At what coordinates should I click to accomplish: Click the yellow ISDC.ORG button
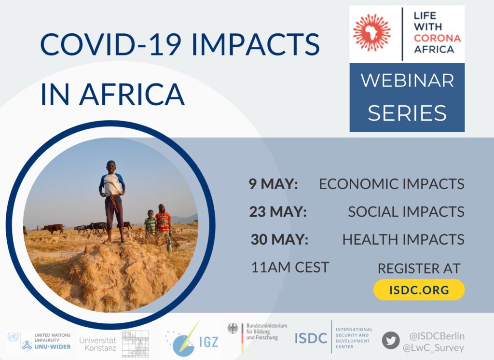pos(419,290)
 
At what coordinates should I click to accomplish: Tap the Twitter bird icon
pos(391,340)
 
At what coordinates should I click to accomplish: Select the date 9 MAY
pos(273,184)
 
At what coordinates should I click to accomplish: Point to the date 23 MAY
pos(277,211)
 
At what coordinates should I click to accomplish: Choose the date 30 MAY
pos(279,239)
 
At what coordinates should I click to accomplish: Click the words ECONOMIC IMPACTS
pos(392,184)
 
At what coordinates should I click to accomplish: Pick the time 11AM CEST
pos(290,267)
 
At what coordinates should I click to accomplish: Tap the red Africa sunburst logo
pos(372,32)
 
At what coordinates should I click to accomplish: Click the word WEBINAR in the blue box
pos(407,81)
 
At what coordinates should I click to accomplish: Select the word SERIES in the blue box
pos(407,113)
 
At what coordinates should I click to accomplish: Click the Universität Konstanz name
pos(97,344)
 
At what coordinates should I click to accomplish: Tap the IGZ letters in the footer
pos(209,342)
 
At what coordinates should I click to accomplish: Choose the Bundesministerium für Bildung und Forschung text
pos(266,332)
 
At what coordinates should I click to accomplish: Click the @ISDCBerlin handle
pos(437,336)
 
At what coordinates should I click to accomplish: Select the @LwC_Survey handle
pos(434,348)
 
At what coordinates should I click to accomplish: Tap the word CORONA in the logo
pos(437,38)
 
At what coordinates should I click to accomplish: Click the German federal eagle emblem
pos(233,329)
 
